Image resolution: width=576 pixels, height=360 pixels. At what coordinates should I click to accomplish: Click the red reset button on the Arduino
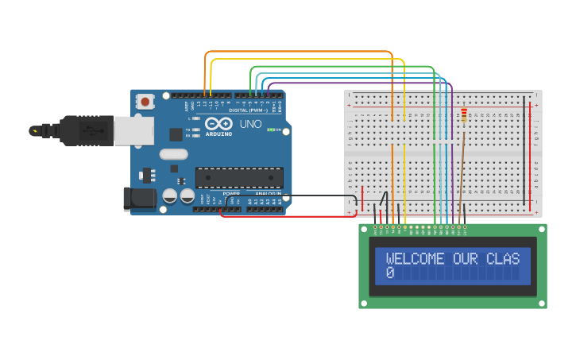(x=145, y=102)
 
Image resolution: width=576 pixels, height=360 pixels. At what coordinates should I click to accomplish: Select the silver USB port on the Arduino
(x=133, y=131)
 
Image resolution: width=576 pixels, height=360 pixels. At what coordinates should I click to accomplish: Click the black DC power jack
(x=140, y=199)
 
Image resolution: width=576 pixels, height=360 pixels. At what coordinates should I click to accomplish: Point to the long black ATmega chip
(x=239, y=177)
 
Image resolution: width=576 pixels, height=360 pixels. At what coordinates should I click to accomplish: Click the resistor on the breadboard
(x=464, y=117)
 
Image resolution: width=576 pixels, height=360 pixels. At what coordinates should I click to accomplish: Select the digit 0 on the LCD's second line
(x=390, y=273)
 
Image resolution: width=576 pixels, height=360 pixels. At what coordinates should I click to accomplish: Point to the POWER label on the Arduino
(x=231, y=193)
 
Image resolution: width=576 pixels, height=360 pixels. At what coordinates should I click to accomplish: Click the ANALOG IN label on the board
(x=267, y=193)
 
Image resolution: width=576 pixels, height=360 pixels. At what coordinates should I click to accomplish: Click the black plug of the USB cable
(x=79, y=130)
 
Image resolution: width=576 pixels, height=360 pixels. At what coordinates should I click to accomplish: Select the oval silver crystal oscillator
(x=173, y=154)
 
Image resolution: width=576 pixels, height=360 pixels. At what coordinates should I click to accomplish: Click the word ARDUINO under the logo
(x=218, y=134)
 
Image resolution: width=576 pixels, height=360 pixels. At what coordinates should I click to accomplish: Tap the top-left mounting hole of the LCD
(x=365, y=230)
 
